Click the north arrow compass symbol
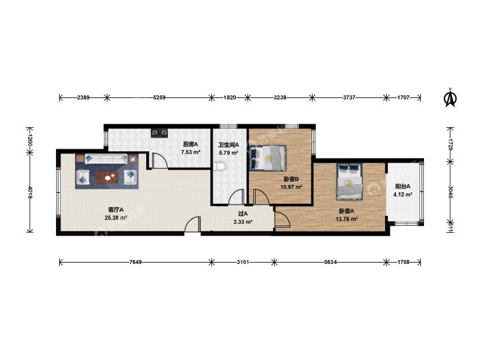pyautogui.click(x=450, y=97)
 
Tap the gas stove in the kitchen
pyautogui.click(x=159, y=133)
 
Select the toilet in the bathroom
pyautogui.click(x=221, y=166)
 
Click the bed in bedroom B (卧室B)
pyautogui.click(x=267, y=157)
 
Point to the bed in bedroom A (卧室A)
pyautogui.click(x=349, y=182)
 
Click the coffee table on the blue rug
pyautogui.click(x=107, y=177)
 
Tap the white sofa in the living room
pyautogui.click(x=106, y=159)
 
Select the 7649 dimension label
pyautogui.click(x=135, y=262)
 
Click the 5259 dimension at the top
pyautogui.click(x=159, y=97)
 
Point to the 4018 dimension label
pyautogui.click(x=30, y=192)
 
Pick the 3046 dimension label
pyautogui.click(x=450, y=192)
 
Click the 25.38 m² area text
pyautogui.click(x=116, y=218)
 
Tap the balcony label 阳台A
pyautogui.click(x=403, y=186)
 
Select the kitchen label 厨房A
pyautogui.click(x=190, y=144)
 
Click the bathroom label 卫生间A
pyautogui.click(x=228, y=145)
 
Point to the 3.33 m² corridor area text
pyautogui.click(x=243, y=222)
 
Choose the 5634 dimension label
pyautogui.click(x=330, y=262)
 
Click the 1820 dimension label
pyautogui.click(x=230, y=97)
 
